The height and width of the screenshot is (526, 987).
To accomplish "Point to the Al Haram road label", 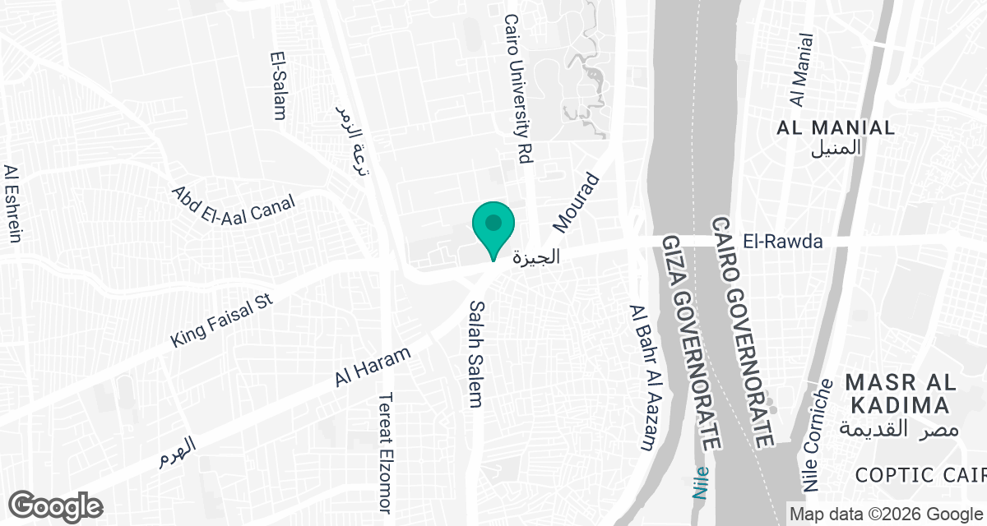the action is pyautogui.click(x=373, y=368).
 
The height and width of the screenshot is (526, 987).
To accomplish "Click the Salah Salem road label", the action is pyautogui.click(x=475, y=353).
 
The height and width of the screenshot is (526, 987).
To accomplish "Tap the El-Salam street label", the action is pyautogui.click(x=278, y=86).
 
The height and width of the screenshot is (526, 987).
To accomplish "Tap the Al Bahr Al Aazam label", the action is pyautogui.click(x=642, y=377).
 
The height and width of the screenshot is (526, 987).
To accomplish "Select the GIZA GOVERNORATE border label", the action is pyautogui.click(x=692, y=340).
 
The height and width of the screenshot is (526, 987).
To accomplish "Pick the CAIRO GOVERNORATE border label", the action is pyautogui.click(x=746, y=332).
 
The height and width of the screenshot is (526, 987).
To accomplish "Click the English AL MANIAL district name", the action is pyautogui.click(x=836, y=127).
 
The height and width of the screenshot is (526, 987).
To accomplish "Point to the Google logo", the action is pyautogui.click(x=56, y=505).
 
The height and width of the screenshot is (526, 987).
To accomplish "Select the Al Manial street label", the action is pyautogui.click(x=801, y=71).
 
